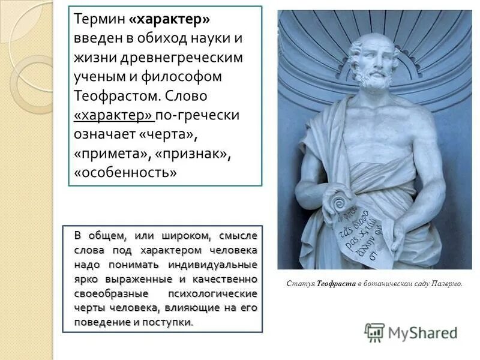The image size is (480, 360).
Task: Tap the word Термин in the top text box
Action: click(98, 20)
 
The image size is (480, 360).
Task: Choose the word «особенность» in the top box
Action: click(125, 173)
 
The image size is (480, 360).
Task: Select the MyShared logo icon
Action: click(375, 332)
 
